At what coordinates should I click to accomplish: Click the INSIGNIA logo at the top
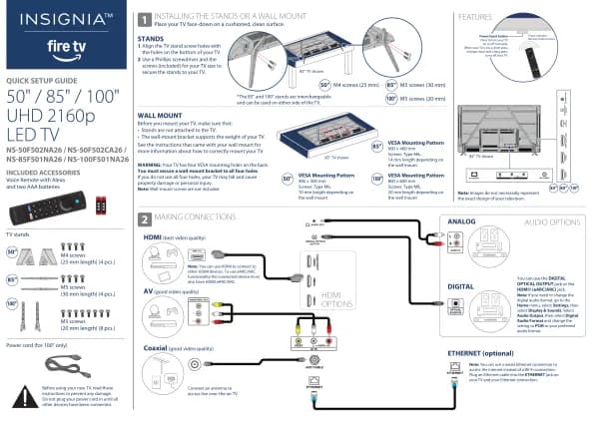pos(62,18)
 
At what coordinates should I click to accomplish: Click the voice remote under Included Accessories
pos(45,207)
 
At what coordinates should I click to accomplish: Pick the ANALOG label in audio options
pos(462,219)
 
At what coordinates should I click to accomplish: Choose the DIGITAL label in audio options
pos(461,286)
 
